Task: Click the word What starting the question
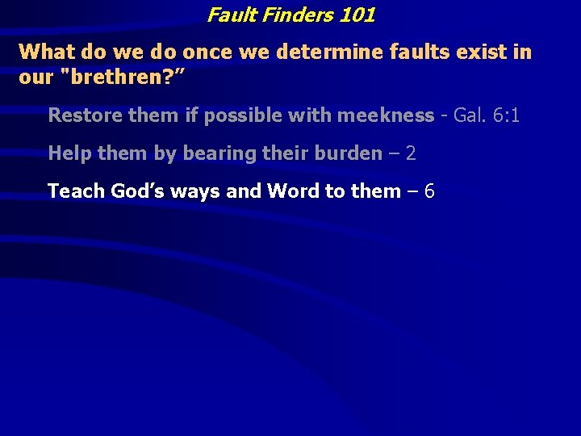click(46, 52)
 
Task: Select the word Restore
click(82, 115)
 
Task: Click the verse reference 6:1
click(506, 115)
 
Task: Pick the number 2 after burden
click(410, 153)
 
